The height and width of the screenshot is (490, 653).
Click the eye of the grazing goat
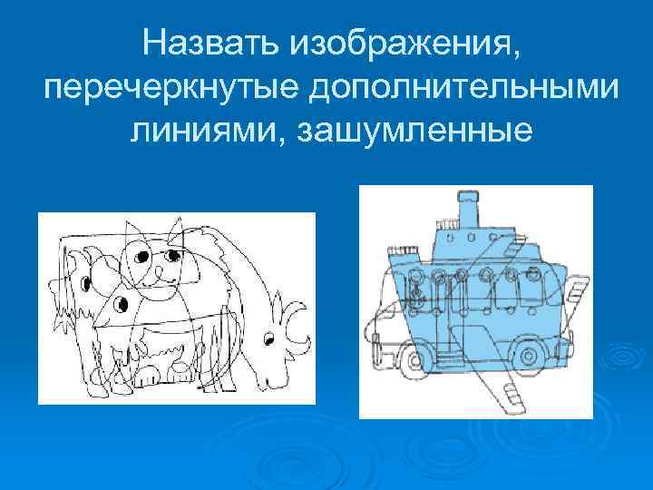tap(269, 339)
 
